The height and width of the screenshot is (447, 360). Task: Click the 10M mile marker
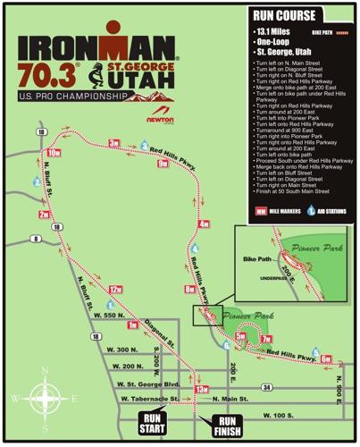pyautogui.click(x=54, y=154)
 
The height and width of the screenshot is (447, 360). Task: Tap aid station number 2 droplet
pyautogui.click(x=37, y=182)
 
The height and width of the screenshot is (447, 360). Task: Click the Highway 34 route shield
pyautogui.click(x=267, y=387)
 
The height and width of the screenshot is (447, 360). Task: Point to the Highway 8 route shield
pyautogui.click(x=35, y=238)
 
